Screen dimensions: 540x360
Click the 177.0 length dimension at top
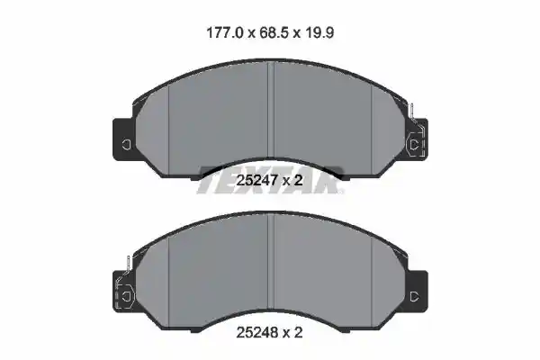pos(225,33)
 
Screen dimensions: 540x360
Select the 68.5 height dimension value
pos(274,33)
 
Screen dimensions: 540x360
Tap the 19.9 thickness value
pos(319,33)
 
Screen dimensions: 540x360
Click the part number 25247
pos(256,180)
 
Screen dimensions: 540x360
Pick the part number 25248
pos(256,332)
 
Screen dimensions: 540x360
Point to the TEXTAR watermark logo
pos(270,180)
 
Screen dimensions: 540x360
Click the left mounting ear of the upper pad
pos(124,139)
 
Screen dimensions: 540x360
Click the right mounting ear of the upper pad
pos(417,139)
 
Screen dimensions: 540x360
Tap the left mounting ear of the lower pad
pos(124,292)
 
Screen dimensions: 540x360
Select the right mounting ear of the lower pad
pos(418,292)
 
